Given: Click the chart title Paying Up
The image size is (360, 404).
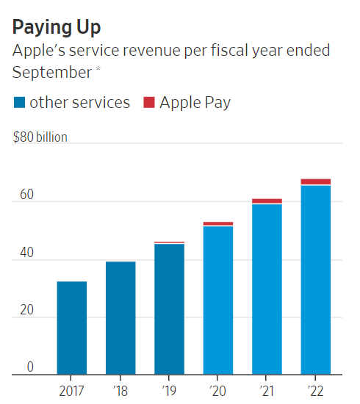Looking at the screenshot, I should pos(57,27).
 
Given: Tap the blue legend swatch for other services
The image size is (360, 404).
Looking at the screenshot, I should pos(20,103).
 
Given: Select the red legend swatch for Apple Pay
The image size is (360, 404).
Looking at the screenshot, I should pos(148,103).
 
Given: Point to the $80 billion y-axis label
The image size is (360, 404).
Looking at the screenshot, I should pos(40,137).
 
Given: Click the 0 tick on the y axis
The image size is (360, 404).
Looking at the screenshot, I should pos(30,367).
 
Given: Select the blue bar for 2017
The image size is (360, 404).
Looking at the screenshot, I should pos(71,328).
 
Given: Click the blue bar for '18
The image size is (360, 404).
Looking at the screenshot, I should pos(120,317).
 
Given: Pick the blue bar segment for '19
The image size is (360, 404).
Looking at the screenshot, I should pos(169,309).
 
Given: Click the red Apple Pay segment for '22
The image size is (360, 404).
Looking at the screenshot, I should pos(316,182).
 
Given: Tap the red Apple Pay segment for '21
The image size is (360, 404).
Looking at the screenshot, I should pos(267,201).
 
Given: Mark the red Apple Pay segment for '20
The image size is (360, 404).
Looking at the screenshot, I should pos(218,223).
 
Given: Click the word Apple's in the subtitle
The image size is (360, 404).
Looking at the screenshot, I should pos(40,51).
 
